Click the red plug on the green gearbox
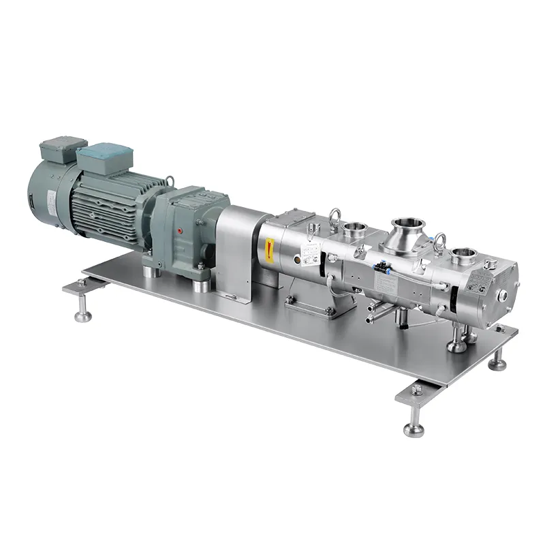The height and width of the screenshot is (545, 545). click(x=181, y=231)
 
